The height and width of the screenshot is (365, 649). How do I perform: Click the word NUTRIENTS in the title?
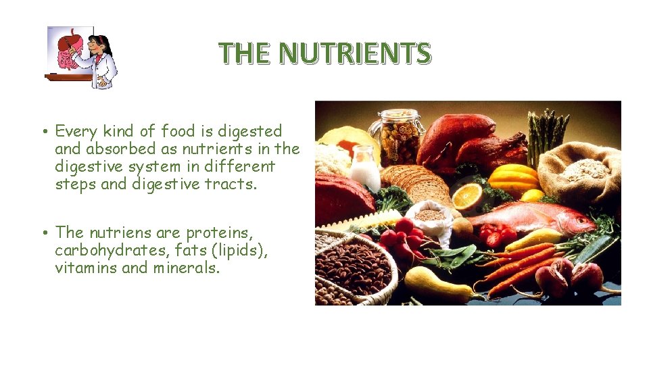(x=355, y=53)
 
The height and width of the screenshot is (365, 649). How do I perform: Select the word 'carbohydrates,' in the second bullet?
(x=108, y=251)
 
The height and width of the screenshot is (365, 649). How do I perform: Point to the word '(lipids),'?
(x=241, y=251)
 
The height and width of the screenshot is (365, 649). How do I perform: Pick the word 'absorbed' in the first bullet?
(x=115, y=149)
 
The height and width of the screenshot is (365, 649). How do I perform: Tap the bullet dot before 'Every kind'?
(x=43, y=132)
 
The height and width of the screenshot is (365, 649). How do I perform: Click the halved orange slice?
(x=466, y=197)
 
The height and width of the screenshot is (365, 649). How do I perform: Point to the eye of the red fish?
(x=583, y=220)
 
